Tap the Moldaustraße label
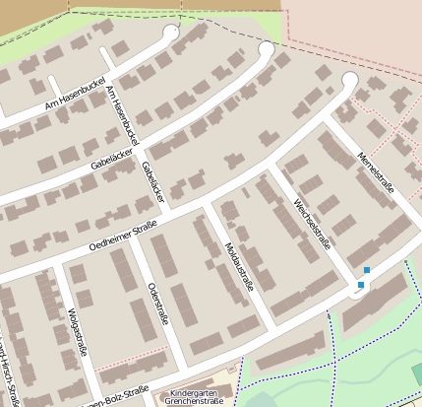(x=239, y=265)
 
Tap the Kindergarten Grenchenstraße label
(x=196, y=396)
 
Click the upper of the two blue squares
(x=367, y=270)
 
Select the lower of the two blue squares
(x=361, y=285)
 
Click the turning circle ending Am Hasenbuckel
(x=170, y=32)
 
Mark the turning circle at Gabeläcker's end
(x=266, y=48)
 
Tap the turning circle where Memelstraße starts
(x=349, y=80)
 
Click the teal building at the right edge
(x=417, y=373)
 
